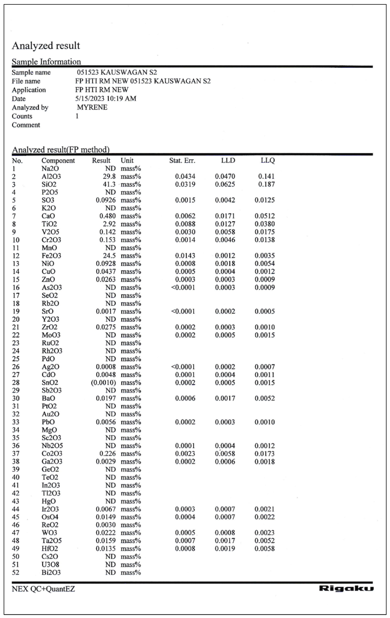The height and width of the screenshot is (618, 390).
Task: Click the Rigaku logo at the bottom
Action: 346,589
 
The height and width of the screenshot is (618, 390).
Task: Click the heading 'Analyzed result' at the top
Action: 46,46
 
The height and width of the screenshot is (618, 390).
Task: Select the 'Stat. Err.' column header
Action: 182,161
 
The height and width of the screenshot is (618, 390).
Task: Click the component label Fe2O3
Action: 51,256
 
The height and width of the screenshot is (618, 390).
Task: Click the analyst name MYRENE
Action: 92,107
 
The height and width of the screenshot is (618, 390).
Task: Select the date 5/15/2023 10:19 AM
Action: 106,99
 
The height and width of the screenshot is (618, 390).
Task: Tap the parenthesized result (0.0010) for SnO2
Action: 103,383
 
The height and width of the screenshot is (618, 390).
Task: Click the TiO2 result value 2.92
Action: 109,224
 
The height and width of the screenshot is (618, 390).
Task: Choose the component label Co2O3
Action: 52,454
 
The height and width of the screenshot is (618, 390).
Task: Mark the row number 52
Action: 16,572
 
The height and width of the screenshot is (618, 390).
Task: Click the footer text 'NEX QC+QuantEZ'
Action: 43,589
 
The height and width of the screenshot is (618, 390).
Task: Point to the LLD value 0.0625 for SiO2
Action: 225,184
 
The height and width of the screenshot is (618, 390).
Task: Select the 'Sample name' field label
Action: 31,72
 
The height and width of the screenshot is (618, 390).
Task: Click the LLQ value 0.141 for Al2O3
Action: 266,176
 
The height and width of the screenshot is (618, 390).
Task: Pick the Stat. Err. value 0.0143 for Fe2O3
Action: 185,256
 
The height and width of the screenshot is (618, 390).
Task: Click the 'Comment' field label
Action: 26,125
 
